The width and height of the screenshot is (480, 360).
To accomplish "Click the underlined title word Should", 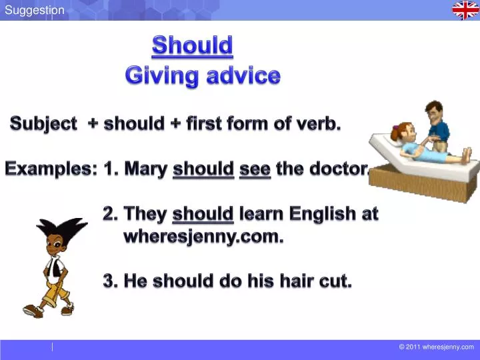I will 192,45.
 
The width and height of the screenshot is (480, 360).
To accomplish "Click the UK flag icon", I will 465,10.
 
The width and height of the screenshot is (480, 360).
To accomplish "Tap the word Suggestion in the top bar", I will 35,10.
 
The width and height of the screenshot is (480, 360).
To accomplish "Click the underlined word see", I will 255,169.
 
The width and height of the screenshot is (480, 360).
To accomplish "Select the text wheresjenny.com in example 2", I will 203,236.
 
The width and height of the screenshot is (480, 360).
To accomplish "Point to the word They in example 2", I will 146,214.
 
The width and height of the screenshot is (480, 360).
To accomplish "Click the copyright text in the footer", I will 436,347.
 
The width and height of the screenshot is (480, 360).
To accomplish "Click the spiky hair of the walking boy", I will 60,231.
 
